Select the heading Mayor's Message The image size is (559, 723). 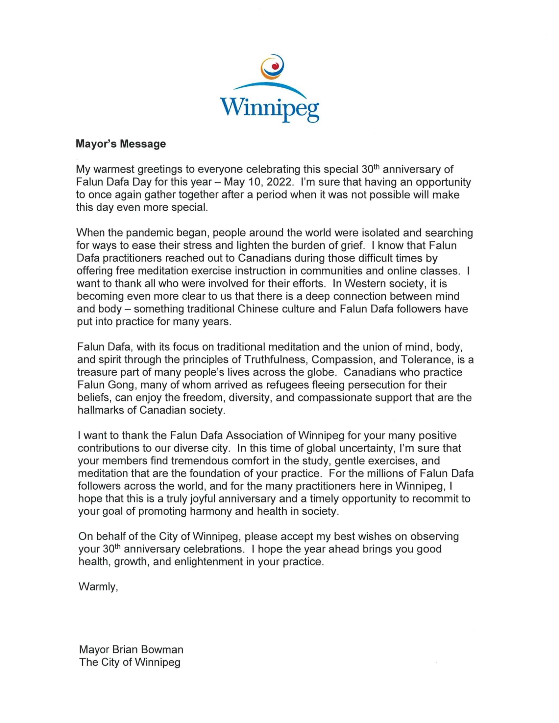121,144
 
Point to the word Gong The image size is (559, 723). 124,385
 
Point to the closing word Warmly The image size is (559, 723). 98,587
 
